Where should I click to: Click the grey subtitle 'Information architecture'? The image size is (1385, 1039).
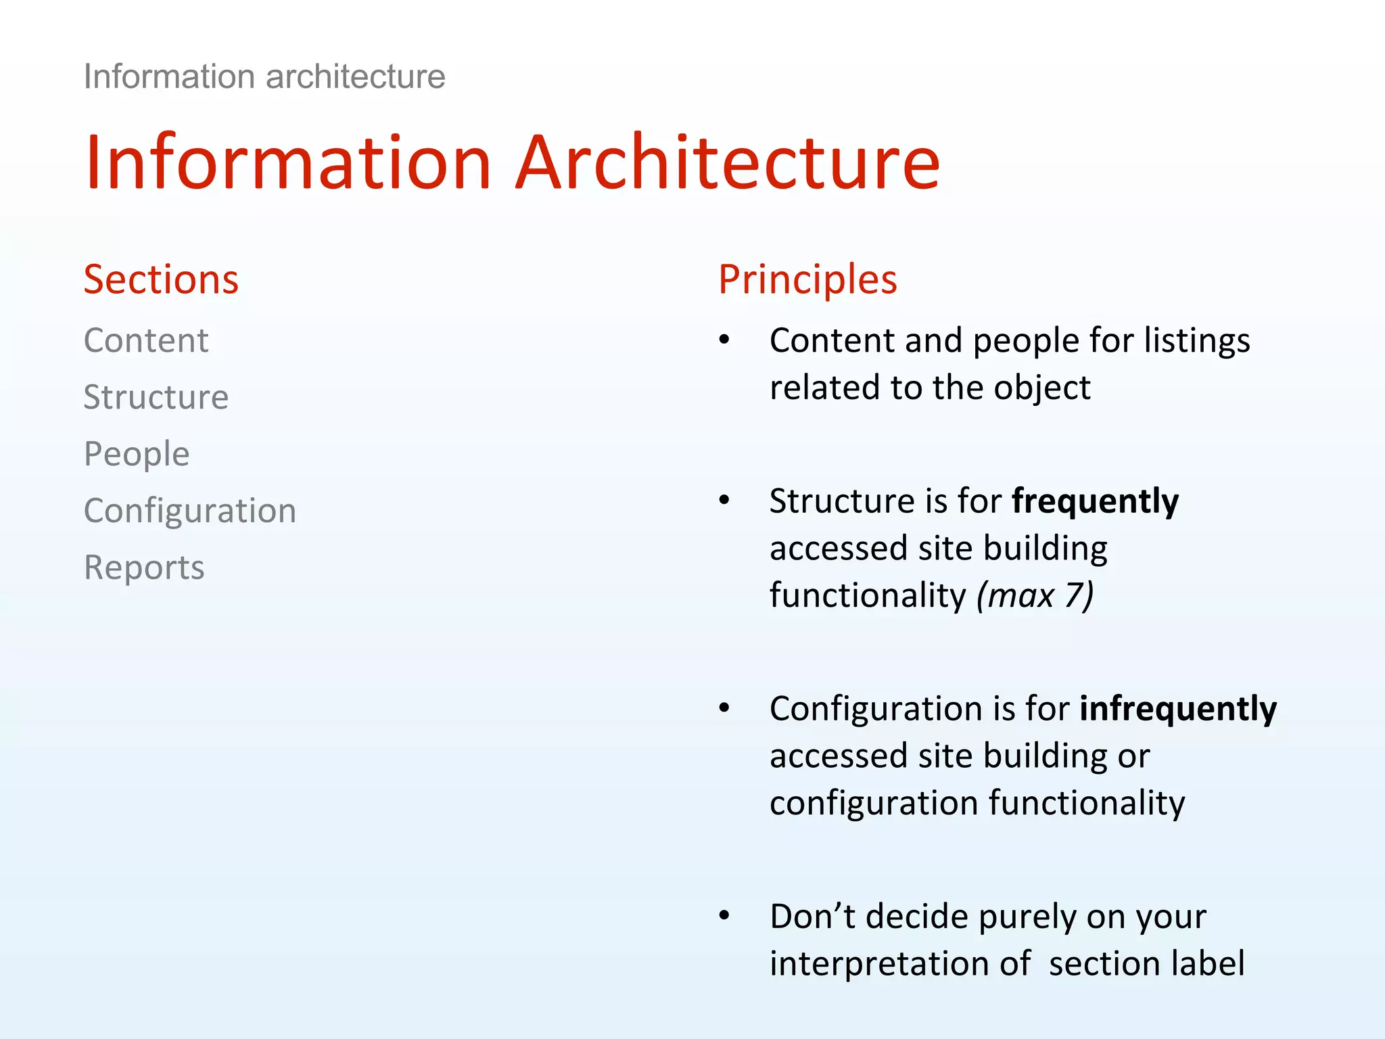tap(264, 76)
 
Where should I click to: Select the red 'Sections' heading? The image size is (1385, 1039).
tap(161, 279)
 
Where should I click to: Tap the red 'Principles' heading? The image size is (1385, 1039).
tap(807, 279)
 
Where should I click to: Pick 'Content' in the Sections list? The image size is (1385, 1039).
tap(146, 340)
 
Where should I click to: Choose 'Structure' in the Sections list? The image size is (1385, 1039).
tap(156, 397)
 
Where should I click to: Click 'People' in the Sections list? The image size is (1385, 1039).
tap(137, 454)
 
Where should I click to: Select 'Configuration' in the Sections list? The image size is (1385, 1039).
tap(190, 511)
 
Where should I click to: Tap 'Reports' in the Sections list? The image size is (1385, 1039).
tap(144, 568)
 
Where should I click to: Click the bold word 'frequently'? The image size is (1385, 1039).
tap(1095, 502)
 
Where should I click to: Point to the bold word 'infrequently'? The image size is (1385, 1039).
tap(1177, 710)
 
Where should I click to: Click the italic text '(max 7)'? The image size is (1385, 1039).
tap(1034, 596)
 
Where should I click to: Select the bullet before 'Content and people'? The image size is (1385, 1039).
tap(724, 340)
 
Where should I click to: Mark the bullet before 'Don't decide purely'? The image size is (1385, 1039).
tap(724, 917)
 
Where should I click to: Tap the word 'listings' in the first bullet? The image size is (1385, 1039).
tap(1196, 340)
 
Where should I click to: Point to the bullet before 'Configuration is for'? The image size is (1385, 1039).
tap(724, 709)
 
